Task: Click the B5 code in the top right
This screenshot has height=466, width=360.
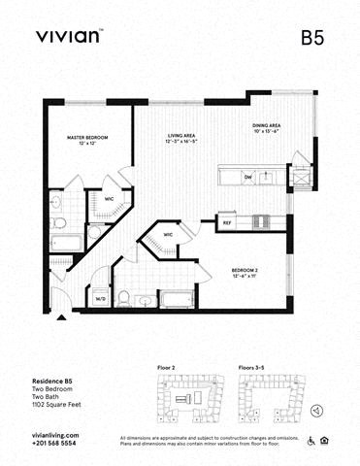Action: (311, 39)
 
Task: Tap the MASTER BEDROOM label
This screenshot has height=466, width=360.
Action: (87, 141)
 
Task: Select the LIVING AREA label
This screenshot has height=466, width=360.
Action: (182, 139)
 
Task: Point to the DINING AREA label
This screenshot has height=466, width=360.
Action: (267, 128)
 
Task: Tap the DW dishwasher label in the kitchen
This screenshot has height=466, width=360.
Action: (248, 177)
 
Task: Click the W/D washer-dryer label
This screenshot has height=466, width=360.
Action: (99, 299)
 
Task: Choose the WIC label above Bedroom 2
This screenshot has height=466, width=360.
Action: (168, 235)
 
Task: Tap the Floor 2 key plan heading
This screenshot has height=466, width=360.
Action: (166, 368)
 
